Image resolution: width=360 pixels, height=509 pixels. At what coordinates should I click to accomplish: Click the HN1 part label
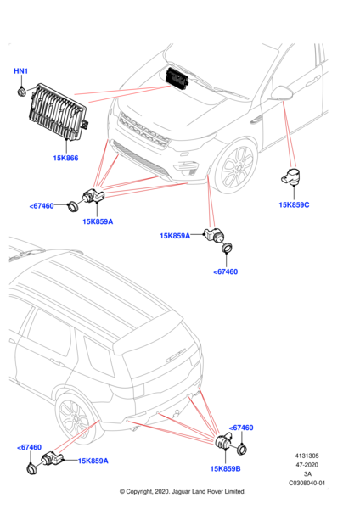pyautogui.click(x=20, y=72)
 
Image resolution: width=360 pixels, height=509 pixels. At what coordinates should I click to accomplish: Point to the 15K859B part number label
pyautogui.click(x=225, y=467)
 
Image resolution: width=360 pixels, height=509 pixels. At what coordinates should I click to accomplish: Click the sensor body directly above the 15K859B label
pyautogui.click(x=225, y=442)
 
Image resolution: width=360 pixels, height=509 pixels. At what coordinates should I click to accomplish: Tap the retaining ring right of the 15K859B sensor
pyautogui.click(x=245, y=449)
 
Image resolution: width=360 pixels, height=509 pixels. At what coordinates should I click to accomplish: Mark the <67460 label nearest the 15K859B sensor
pyautogui.click(x=242, y=428)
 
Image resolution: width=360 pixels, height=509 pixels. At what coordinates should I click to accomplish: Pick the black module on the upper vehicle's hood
pyautogui.click(x=179, y=77)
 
